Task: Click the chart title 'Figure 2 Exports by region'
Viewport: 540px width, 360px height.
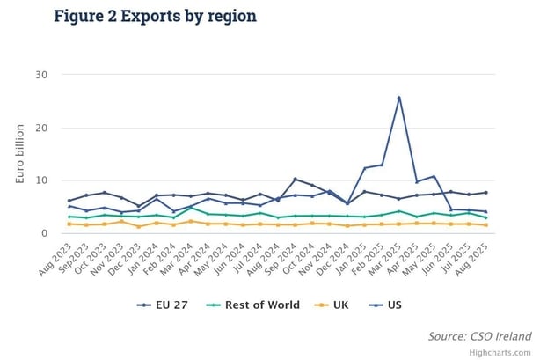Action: pos(155,16)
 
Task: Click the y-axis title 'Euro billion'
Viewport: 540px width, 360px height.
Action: pos(19,153)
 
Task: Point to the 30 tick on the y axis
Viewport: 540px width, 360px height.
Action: pos(40,75)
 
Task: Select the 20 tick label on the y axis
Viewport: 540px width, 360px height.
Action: pos(40,128)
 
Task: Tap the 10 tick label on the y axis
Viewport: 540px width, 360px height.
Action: pos(40,180)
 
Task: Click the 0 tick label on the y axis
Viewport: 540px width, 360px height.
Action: pos(43,233)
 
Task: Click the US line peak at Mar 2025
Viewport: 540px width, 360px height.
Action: pos(399,98)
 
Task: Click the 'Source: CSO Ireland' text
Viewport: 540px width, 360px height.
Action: pos(479,335)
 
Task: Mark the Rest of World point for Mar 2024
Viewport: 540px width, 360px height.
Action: pos(191,208)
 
